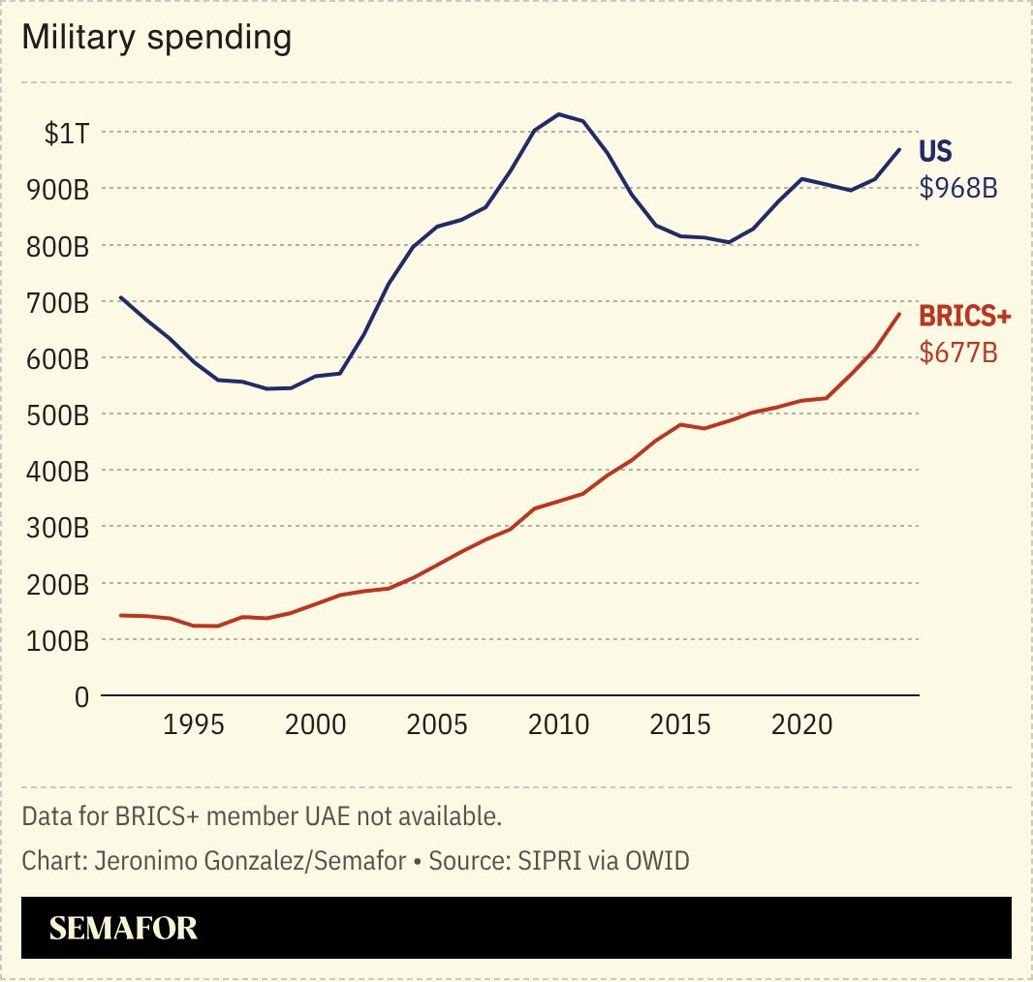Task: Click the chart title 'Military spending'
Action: pos(156,38)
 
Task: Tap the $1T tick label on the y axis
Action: pos(67,133)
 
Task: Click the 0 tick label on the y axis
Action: pos(81,696)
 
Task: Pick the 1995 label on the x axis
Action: pos(195,725)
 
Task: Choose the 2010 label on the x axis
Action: pos(558,725)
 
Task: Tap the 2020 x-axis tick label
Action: pos(800,725)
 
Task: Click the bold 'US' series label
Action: pos(936,152)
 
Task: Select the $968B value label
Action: pos(958,188)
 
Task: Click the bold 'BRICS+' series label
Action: pos(964,317)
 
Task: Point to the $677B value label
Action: pos(958,353)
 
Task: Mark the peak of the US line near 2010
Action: pos(558,114)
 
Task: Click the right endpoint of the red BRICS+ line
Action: pos(899,314)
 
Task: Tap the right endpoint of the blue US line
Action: pos(899,149)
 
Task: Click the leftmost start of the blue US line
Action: pos(121,297)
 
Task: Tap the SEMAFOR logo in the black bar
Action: pos(123,928)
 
